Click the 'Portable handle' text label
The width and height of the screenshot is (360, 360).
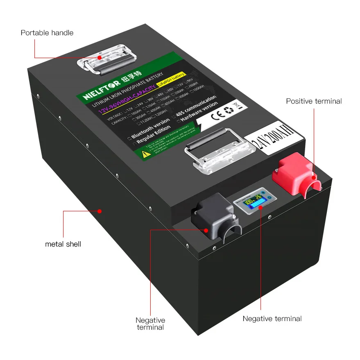click(x=47, y=33)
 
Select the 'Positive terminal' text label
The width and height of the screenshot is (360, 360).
click(x=314, y=101)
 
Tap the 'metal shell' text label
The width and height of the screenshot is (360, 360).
click(x=63, y=244)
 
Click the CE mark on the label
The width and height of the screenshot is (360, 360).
click(x=217, y=115)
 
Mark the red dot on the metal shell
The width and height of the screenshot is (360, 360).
click(x=100, y=211)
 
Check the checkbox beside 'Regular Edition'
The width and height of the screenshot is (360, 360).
click(x=134, y=142)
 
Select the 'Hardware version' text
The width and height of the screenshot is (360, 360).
click(x=199, y=113)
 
